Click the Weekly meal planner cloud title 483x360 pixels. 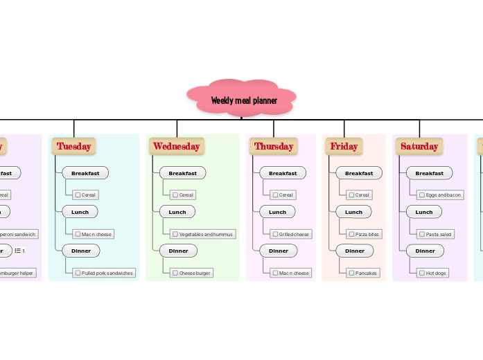(x=243, y=100)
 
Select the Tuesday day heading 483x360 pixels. (x=73, y=146)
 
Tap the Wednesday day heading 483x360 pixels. (x=176, y=146)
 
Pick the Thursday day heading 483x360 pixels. (x=273, y=146)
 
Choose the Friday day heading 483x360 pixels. (x=344, y=146)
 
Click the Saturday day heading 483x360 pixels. (x=419, y=146)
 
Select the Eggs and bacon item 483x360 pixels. (x=439, y=195)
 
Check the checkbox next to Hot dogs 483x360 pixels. (x=422, y=273)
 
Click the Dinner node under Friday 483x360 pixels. (x=355, y=251)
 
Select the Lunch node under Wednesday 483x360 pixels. (x=177, y=212)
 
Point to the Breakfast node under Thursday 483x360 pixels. (x=283, y=173)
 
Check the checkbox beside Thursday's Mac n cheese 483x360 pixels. (x=275, y=273)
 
